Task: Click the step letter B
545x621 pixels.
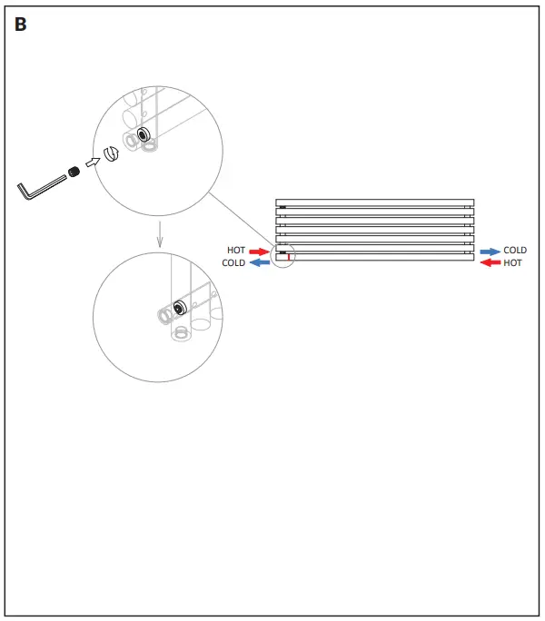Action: pyautogui.click(x=21, y=25)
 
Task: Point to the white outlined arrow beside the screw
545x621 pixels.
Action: pyautogui.click(x=92, y=162)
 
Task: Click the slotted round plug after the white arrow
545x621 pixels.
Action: pyautogui.click(x=112, y=153)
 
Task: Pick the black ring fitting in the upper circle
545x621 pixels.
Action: pyautogui.click(x=143, y=133)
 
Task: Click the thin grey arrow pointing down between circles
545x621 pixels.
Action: pyautogui.click(x=160, y=233)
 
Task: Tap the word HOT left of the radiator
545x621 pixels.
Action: pyautogui.click(x=236, y=251)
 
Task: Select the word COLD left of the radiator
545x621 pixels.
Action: pyautogui.click(x=233, y=263)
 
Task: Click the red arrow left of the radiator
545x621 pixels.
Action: pyautogui.click(x=260, y=251)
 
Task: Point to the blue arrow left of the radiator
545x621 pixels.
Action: pyautogui.click(x=260, y=263)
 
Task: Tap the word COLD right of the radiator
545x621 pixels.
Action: pyautogui.click(x=515, y=251)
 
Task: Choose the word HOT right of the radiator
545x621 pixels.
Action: pyautogui.click(x=513, y=263)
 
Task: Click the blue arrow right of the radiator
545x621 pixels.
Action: pyautogui.click(x=490, y=251)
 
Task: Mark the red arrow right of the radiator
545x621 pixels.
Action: pyautogui.click(x=490, y=263)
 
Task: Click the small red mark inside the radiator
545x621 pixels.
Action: pyautogui.click(x=289, y=258)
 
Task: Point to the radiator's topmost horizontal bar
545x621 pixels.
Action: pyautogui.click(x=374, y=202)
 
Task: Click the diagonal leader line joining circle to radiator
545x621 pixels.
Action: pyautogui.click(x=240, y=217)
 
